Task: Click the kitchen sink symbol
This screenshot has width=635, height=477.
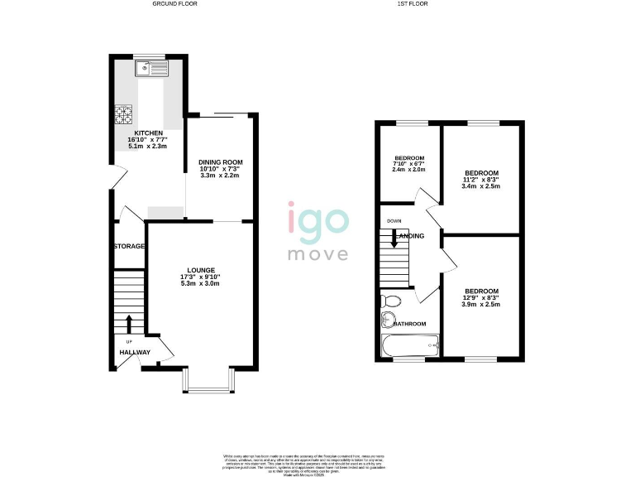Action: click(x=153, y=69)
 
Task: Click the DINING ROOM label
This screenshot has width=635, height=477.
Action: click(x=220, y=161)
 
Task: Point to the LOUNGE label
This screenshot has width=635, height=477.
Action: click(x=201, y=270)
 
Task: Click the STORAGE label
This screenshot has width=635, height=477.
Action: click(x=130, y=246)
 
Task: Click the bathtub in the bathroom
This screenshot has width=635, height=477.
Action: click(x=410, y=344)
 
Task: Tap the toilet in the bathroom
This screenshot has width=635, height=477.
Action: click(x=391, y=301)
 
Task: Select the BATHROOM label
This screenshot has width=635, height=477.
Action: click(x=410, y=324)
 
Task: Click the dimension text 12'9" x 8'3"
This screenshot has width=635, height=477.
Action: click(x=481, y=298)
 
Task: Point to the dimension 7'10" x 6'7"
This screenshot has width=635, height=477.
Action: click(x=408, y=163)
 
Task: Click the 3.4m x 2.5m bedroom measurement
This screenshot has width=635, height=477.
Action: click(x=481, y=186)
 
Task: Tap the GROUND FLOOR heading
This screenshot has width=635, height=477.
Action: click(x=174, y=4)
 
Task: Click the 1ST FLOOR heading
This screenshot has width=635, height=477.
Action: click(x=413, y=4)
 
